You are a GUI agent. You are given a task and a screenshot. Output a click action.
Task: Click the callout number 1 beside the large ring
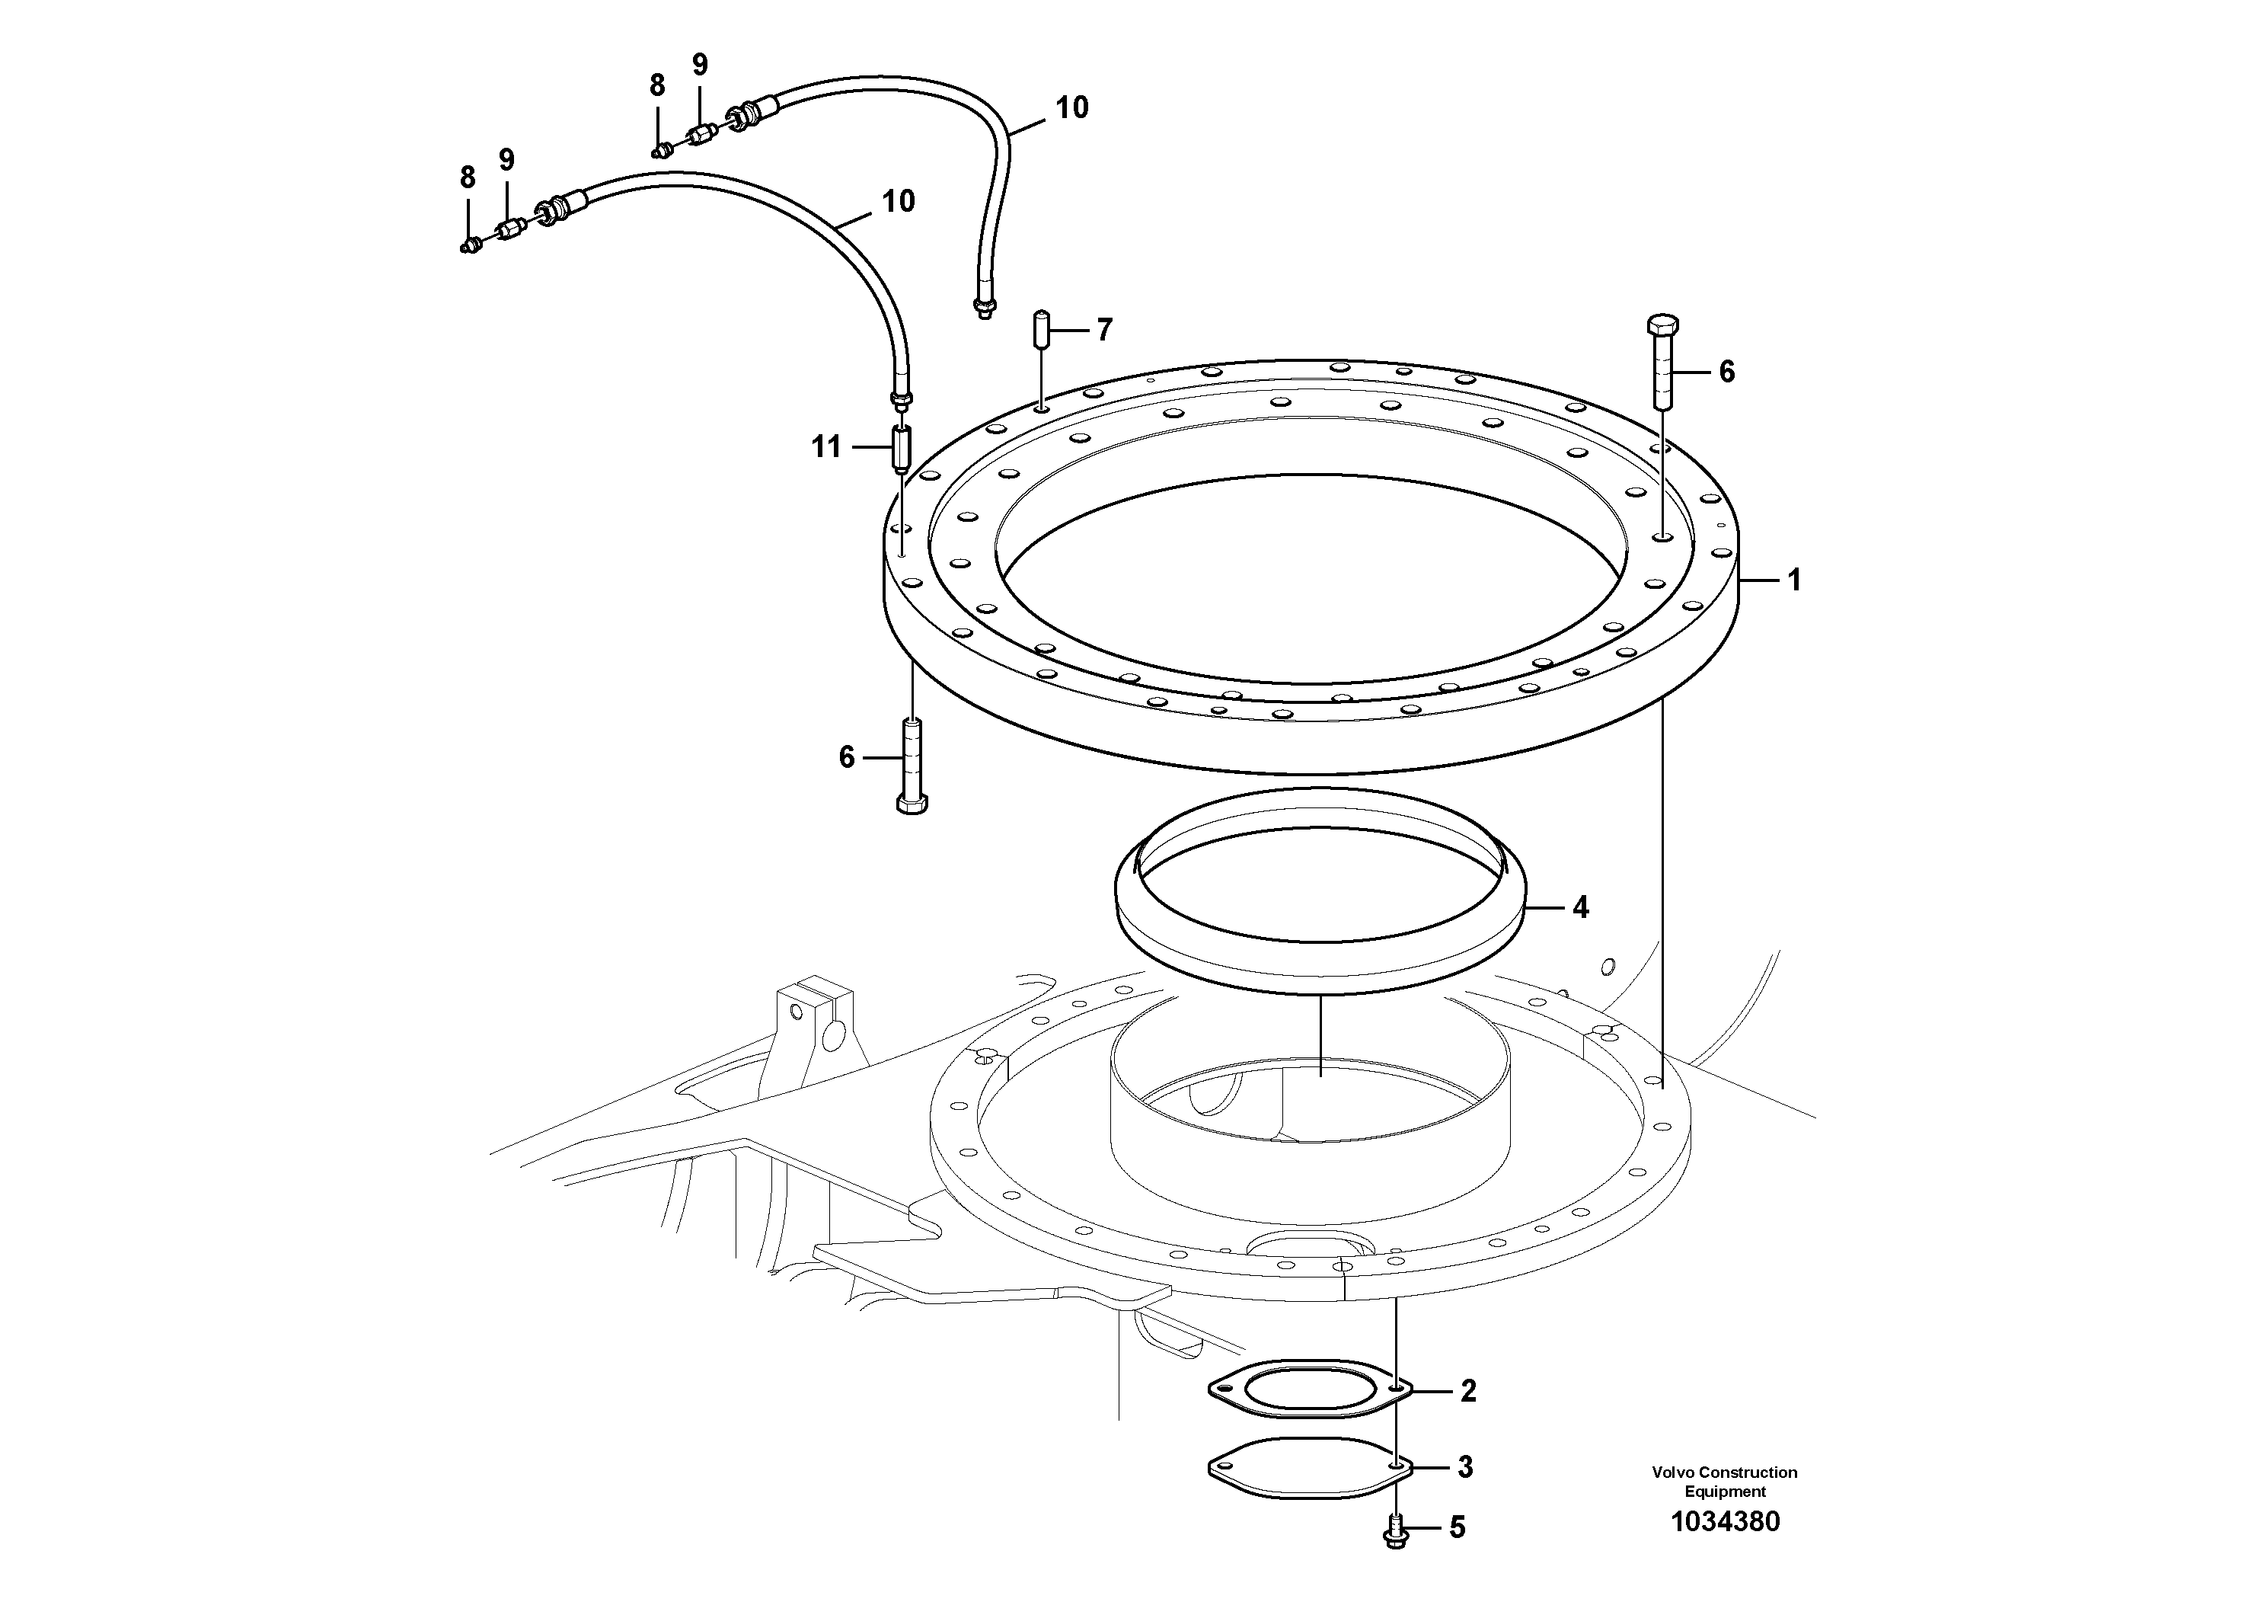[1794, 580]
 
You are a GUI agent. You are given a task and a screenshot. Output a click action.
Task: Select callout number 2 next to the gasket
[1467, 1392]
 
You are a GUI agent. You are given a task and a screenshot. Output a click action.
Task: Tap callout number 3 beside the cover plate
[1465, 1468]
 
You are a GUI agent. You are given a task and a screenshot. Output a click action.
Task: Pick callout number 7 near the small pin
[1104, 329]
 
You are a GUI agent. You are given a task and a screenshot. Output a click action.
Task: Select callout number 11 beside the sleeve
[825, 447]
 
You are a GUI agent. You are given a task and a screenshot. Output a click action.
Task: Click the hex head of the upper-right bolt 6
[1662, 327]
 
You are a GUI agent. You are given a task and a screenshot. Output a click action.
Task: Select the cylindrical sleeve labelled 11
[902, 449]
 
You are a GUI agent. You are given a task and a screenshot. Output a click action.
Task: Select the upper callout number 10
[1071, 107]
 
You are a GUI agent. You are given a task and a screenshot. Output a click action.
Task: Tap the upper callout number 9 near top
[699, 66]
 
